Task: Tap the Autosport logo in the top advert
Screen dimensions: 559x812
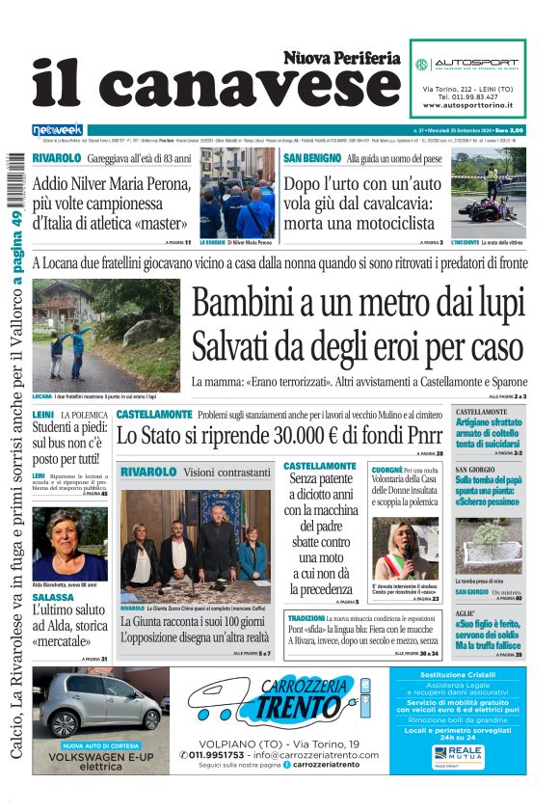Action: [469, 64]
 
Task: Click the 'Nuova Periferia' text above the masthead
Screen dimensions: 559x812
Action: [342, 58]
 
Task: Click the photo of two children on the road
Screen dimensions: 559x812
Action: [106, 335]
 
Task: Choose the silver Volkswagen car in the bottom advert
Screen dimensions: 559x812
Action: [102, 703]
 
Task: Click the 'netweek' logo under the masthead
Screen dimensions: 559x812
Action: [57, 130]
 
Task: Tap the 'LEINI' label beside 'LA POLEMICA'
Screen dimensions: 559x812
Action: [42, 414]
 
